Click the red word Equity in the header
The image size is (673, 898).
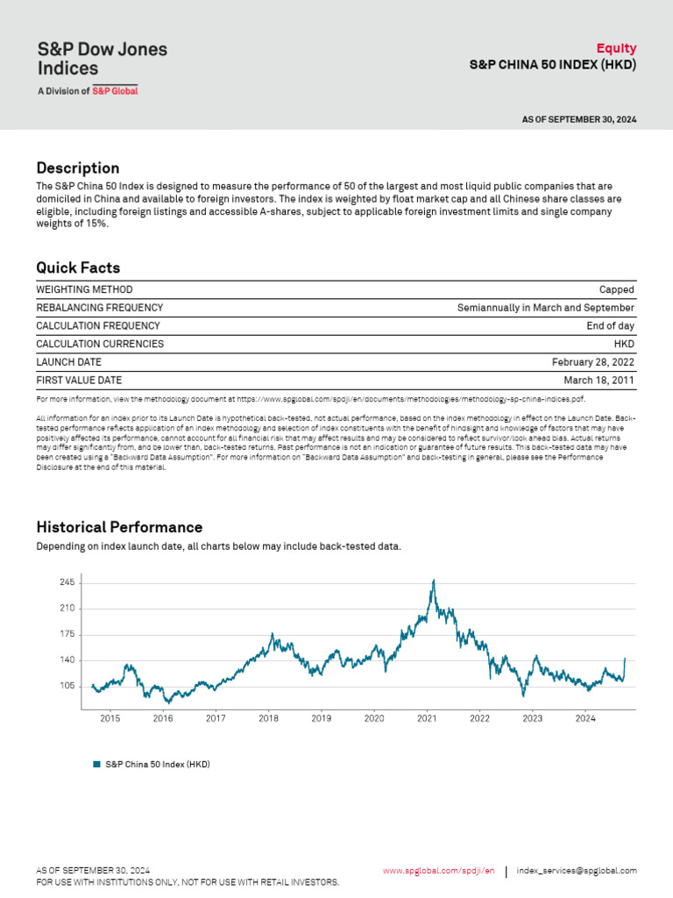click(x=616, y=48)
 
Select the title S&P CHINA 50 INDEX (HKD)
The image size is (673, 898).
click(x=552, y=65)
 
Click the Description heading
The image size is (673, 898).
click(x=78, y=168)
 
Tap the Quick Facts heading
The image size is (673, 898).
click(x=78, y=268)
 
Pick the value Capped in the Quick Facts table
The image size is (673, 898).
click(x=617, y=289)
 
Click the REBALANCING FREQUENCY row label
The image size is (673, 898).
click(x=99, y=308)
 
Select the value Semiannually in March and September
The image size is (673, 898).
click(x=546, y=308)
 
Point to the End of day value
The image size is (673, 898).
click(x=611, y=326)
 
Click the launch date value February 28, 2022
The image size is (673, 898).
click(x=593, y=362)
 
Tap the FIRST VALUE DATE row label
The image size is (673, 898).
click(x=79, y=381)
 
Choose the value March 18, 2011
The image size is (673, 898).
click(x=599, y=381)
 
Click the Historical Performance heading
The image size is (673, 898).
click(x=119, y=528)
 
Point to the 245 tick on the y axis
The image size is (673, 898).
click(x=67, y=583)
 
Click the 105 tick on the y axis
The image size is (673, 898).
click(x=67, y=687)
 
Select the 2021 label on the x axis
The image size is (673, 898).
click(x=427, y=719)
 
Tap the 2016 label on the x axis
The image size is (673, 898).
click(x=163, y=719)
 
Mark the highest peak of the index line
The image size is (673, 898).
click(x=432, y=581)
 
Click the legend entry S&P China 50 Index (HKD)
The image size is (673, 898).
click(x=157, y=765)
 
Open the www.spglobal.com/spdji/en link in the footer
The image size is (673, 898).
click(x=439, y=871)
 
